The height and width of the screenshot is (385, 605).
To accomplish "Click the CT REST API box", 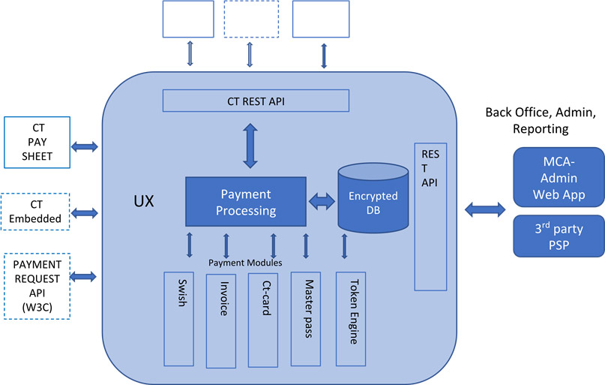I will (256, 101).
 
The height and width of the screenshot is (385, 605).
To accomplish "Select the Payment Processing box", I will (245, 202).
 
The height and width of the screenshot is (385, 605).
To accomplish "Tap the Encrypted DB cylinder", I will (373, 197).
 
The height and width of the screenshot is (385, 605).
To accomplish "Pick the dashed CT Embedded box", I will (36, 212).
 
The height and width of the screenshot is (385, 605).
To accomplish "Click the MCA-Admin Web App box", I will (559, 179).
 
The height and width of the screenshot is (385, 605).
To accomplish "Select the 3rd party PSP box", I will (559, 236).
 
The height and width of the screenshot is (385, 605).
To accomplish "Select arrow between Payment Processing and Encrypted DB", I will (322, 202).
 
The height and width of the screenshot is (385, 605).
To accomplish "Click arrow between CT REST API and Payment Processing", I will (250, 146).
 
